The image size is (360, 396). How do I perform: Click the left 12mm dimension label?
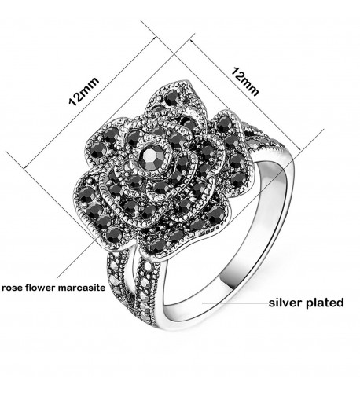pos(84,91)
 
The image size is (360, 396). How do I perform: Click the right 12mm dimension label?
pos(244,82)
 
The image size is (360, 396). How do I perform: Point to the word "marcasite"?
pos(82,288)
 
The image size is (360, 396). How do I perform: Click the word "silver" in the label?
pos(285,302)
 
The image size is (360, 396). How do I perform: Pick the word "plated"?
pos(325,303)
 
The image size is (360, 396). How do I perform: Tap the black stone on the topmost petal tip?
pos(172,98)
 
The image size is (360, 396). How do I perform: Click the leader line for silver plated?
pos(235,303)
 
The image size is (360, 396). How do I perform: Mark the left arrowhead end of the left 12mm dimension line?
pos(25,168)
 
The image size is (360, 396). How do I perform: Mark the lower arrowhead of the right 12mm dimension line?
pos(300,150)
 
